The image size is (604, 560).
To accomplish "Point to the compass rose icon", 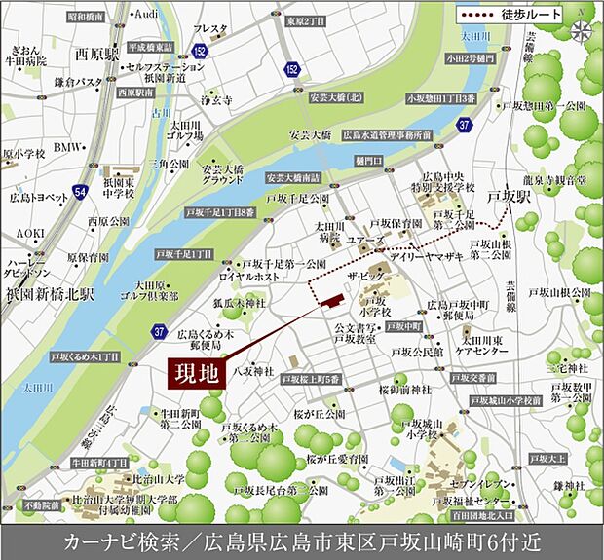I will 583,29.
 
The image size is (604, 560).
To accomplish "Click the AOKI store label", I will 30,234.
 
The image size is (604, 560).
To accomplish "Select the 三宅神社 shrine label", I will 567,368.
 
